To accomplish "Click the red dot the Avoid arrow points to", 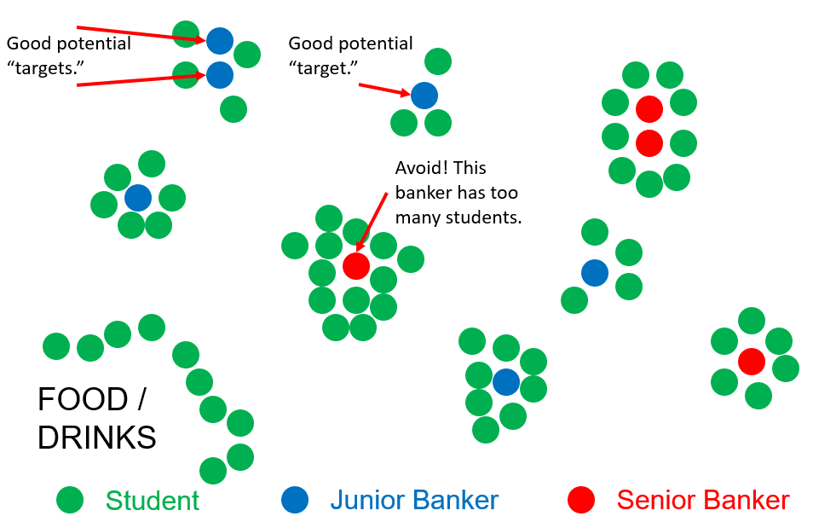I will [356, 266].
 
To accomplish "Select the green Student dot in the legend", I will [70, 500].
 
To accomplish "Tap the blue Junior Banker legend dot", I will [295, 500].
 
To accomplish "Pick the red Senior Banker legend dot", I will [581, 500].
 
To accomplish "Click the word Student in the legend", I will [153, 501].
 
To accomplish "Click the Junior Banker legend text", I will [414, 501].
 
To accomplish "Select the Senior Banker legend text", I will [703, 501].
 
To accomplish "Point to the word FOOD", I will [79, 399].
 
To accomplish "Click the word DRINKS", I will [96, 438].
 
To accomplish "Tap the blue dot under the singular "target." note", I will [424, 95].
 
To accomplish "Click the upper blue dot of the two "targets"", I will [220, 40].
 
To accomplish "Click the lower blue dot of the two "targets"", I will [220, 75].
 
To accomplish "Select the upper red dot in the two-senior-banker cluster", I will [649, 108].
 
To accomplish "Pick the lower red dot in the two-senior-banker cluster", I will [649, 142].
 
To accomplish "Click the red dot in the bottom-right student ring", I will [752, 361].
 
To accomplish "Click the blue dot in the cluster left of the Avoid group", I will [138, 198].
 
